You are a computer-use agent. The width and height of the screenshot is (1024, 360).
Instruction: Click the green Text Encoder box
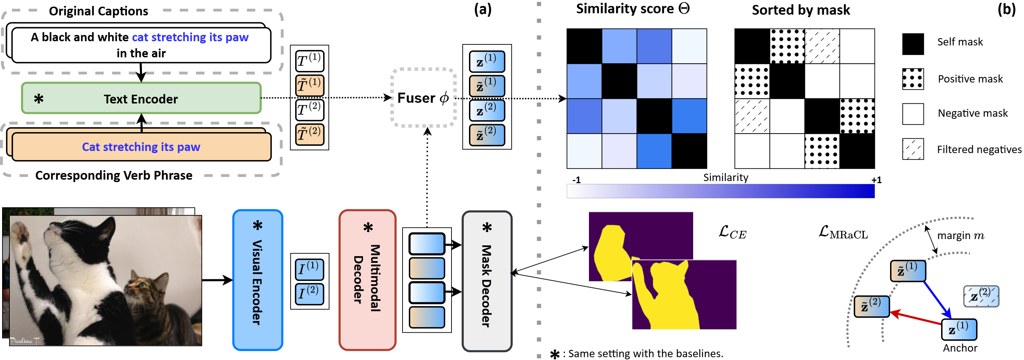(x=141, y=98)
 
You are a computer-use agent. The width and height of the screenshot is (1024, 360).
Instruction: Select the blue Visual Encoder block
(x=258, y=280)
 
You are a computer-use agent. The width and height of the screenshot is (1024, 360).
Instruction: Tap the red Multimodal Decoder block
(x=367, y=280)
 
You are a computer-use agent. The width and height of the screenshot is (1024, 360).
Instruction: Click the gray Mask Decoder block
(x=486, y=281)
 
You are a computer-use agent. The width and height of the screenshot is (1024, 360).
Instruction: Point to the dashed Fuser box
(x=424, y=98)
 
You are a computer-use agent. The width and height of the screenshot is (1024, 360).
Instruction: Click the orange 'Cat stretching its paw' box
(x=141, y=147)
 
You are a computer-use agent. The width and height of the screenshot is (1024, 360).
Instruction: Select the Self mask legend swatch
(x=913, y=44)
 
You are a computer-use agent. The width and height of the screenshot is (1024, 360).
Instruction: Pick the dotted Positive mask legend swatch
(x=913, y=79)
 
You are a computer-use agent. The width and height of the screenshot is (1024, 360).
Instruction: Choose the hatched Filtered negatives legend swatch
(x=913, y=149)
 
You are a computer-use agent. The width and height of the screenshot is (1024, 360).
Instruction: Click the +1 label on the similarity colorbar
(x=876, y=180)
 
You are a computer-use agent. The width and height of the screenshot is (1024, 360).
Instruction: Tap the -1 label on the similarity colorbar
(x=576, y=180)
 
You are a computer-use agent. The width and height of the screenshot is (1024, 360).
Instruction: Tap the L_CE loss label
(x=732, y=232)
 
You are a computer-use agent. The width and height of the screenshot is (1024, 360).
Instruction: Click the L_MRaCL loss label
(x=843, y=232)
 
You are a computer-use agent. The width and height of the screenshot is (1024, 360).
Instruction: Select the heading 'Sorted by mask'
(x=801, y=10)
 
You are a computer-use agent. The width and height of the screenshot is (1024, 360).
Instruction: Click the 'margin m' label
(x=960, y=236)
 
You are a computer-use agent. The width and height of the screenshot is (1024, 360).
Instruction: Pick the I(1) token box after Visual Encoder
(x=309, y=269)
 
